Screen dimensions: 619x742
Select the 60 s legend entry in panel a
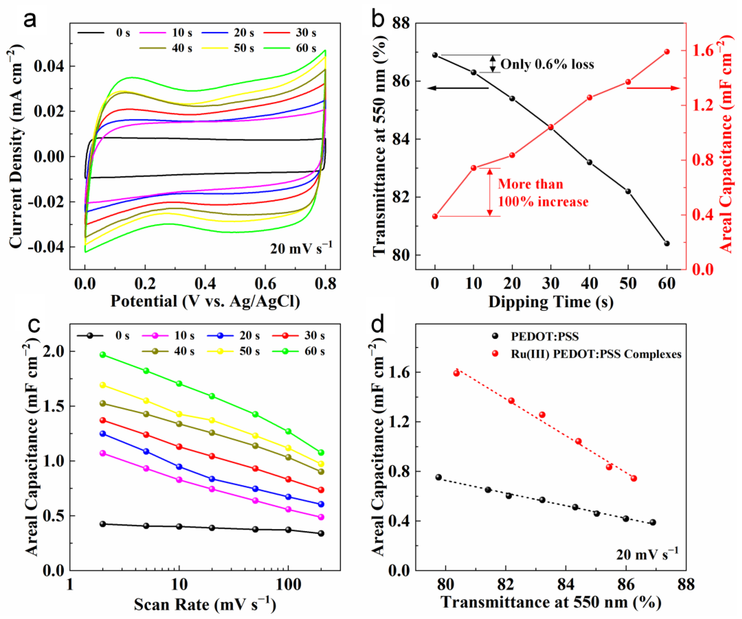point(306,48)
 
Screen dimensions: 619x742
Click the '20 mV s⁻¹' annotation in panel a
point(301,249)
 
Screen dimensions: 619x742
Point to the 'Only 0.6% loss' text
point(547,64)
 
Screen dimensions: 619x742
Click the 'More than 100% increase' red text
point(543,193)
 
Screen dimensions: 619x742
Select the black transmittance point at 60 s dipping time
point(667,243)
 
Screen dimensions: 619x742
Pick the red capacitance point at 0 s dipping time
point(435,216)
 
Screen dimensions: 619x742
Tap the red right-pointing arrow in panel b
point(653,88)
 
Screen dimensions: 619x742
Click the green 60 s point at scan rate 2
point(103,355)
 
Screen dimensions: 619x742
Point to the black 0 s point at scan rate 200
point(321,533)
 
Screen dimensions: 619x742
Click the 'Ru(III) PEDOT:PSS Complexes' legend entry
point(596,354)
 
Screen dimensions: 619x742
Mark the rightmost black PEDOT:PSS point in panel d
point(653,522)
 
